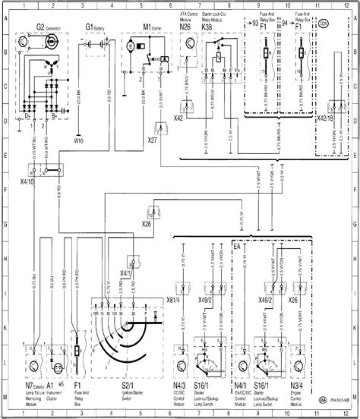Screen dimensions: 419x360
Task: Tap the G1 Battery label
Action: point(89,27)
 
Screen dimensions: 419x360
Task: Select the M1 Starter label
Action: point(130,27)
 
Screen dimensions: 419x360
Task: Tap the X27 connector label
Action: point(152,140)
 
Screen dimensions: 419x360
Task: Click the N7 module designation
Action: point(27,386)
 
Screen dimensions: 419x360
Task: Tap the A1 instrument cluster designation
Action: point(49,386)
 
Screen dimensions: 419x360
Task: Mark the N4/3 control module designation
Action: point(179,386)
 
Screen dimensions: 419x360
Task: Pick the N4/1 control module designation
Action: point(237,386)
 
